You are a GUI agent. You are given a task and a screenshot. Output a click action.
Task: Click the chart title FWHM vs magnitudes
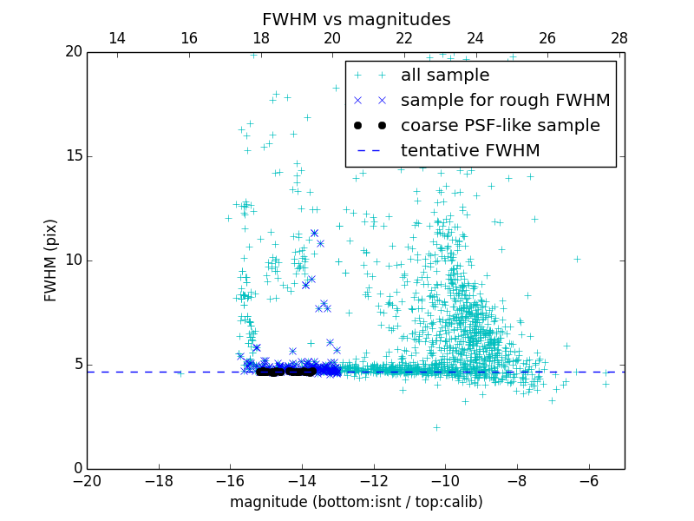click(356, 19)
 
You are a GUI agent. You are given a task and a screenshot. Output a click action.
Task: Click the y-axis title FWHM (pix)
click(51, 260)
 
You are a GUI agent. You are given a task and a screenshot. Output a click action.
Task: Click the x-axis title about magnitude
click(356, 502)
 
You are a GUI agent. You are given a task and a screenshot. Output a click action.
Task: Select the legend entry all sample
click(445, 76)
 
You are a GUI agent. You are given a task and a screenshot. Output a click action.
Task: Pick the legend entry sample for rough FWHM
click(505, 101)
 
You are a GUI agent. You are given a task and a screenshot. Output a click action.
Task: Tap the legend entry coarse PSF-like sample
click(500, 126)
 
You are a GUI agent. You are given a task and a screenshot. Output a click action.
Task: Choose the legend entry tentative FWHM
click(470, 151)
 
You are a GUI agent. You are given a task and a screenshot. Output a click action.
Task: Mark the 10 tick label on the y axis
click(72, 260)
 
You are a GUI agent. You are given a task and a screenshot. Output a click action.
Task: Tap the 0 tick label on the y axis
click(76, 469)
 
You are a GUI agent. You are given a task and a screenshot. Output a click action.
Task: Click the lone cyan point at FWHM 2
click(436, 427)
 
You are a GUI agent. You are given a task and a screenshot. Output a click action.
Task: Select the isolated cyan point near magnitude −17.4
click(180, 373)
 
